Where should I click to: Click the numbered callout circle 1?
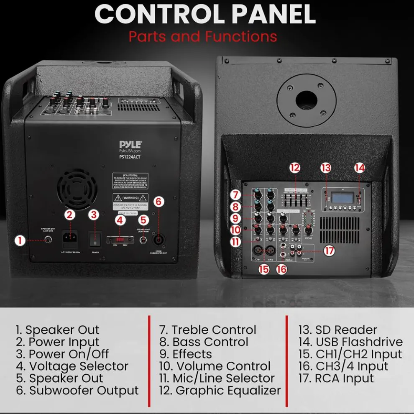pyautogui.click(x=19, y=240)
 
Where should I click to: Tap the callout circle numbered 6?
pyautogui.click(x=158, y=202)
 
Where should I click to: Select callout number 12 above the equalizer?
pyautogui.click(x=295, y=168)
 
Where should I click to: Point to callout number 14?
pyautogui.click(x=359, y=168)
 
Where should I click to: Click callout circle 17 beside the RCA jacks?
pyautogui.click(x=330, y=251)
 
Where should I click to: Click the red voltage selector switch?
pyautogui.click(x=120, y=240)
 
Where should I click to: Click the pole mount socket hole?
pyautogui.click(x=307, y=99)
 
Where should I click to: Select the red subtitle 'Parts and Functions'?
pyautogui.click(x=203, y=36)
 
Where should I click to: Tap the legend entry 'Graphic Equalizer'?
pyautogui.click(x=228, y=391)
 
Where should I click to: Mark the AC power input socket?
pyautogui.click(x=69, y=240)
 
